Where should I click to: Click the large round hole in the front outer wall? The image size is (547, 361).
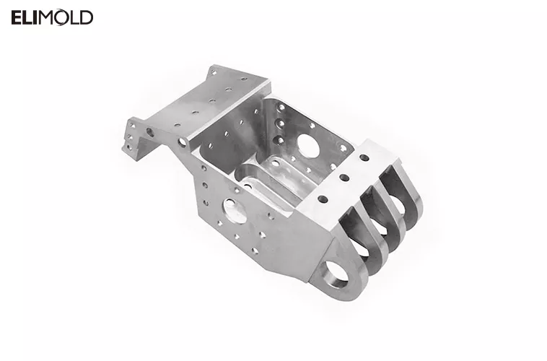tap(235, 210)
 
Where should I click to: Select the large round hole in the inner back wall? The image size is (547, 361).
tap(308, 147)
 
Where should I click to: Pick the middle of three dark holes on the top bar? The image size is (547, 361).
tap(343, 178)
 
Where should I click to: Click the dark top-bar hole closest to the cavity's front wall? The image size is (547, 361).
tap(322, 199)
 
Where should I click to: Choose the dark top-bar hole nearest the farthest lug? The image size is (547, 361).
tap(364, 157)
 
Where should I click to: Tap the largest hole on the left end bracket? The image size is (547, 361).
tap(150, 133)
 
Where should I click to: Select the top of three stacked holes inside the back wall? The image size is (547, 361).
tap(280, 108)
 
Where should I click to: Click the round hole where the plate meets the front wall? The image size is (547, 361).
tap(182, 142)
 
